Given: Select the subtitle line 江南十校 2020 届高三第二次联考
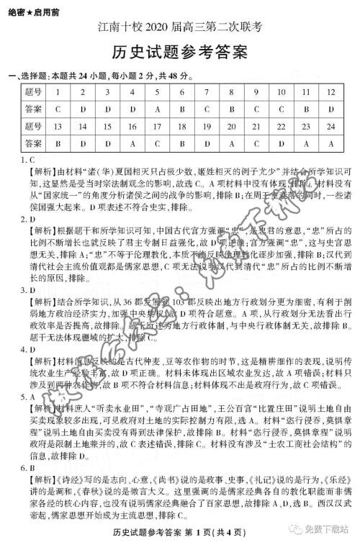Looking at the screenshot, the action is (180, 29).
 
